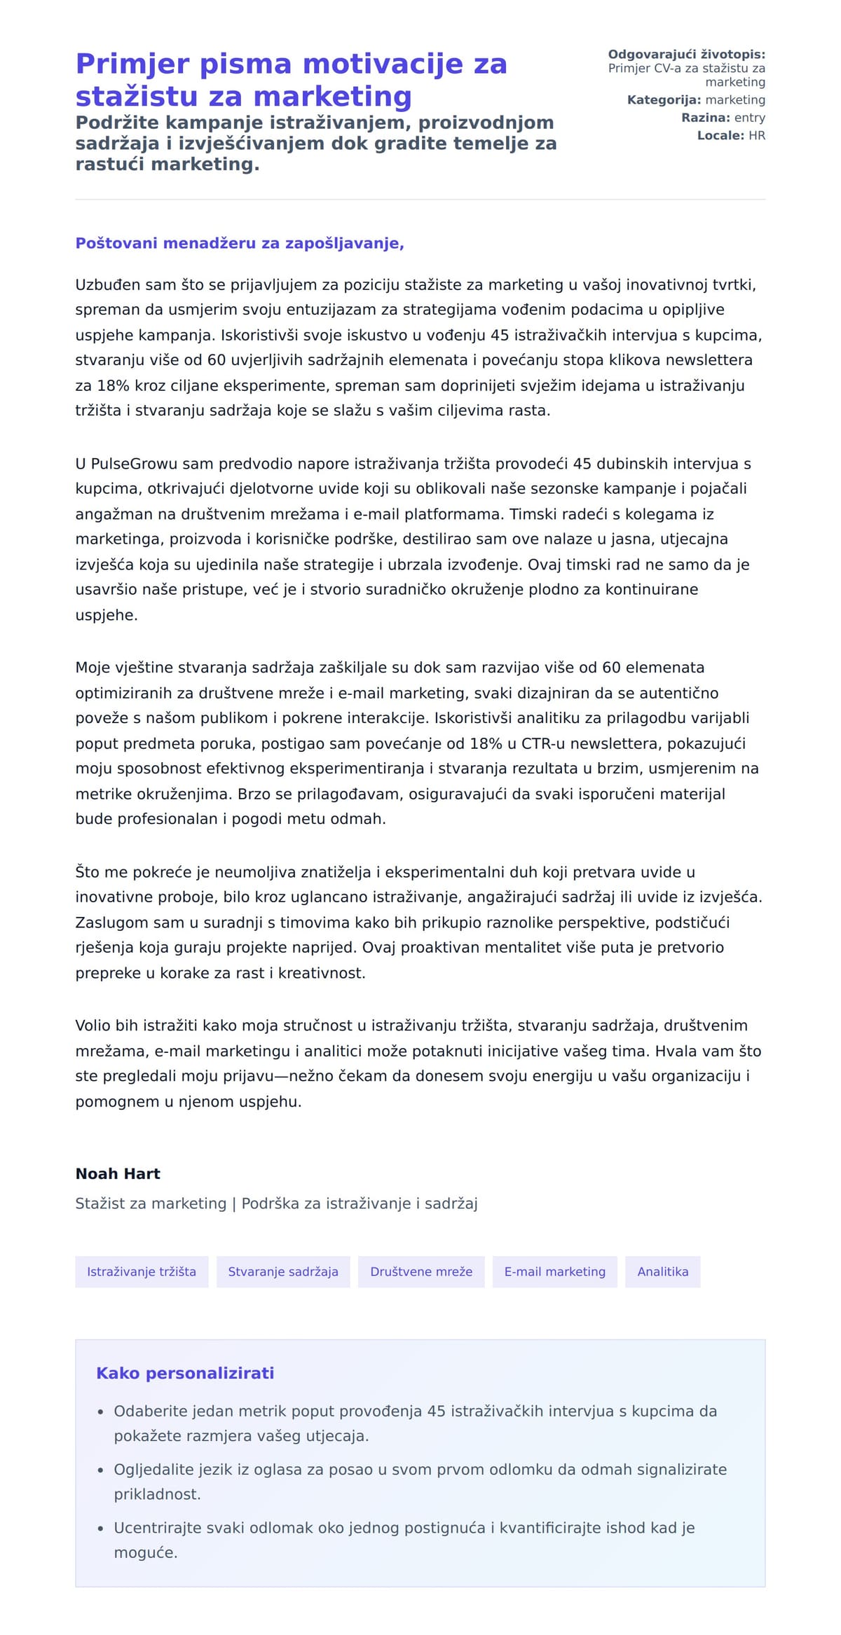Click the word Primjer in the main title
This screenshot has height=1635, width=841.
point(132,64)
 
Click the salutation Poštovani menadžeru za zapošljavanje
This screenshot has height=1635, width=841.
point(240,244)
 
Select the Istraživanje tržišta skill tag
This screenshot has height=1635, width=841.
point(142,1271)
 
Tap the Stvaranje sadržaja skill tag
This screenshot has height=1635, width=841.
point(283,1271)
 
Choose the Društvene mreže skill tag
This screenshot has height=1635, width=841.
point(421,1271)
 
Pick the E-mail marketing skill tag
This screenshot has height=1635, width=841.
point(554,1271)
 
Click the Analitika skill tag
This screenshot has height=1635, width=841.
point(662,1271)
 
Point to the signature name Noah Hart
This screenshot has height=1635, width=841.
point(118,1174)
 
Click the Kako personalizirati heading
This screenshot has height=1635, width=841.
point(185,1373)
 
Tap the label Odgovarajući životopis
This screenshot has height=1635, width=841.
point(686,55)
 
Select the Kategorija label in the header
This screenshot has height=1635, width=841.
point(664,100)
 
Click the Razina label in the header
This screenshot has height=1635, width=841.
point(705,118)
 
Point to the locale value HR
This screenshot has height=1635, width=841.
point(757,136)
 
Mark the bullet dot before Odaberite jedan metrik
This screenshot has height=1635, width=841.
point(100,1412)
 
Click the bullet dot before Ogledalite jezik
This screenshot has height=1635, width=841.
point(100,1470)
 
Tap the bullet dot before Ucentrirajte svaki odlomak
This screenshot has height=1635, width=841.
point(100,1529)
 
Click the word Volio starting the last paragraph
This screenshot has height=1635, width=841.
point(93,1026)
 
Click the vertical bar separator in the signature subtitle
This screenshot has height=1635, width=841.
point(234,1203)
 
